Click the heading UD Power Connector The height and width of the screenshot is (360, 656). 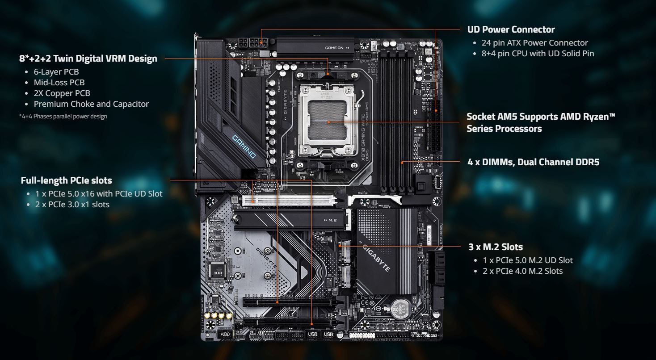coord(511,29)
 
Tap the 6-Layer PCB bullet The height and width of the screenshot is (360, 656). coord(56,71)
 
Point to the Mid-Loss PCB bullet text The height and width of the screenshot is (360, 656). coord(59,82)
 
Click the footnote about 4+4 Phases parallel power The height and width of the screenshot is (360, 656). coord(63,117)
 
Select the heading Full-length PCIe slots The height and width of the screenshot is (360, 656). coord(66,180)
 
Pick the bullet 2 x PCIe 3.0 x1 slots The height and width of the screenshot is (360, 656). coord(72,205)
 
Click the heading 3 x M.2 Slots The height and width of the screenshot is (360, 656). coord(496,247)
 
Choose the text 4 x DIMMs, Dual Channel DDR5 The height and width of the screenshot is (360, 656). coord(534,162)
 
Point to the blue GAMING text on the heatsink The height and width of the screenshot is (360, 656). coord(244,146)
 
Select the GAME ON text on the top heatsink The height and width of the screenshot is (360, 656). coord(334,48)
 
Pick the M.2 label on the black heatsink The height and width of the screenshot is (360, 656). coord(331,220)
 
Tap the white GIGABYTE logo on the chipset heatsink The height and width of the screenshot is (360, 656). coord(376,258)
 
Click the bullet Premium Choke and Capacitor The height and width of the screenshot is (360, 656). coord(91,104)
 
